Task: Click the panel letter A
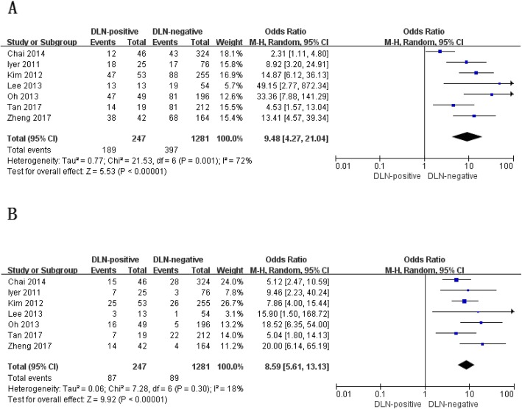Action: tap(10, 9)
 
